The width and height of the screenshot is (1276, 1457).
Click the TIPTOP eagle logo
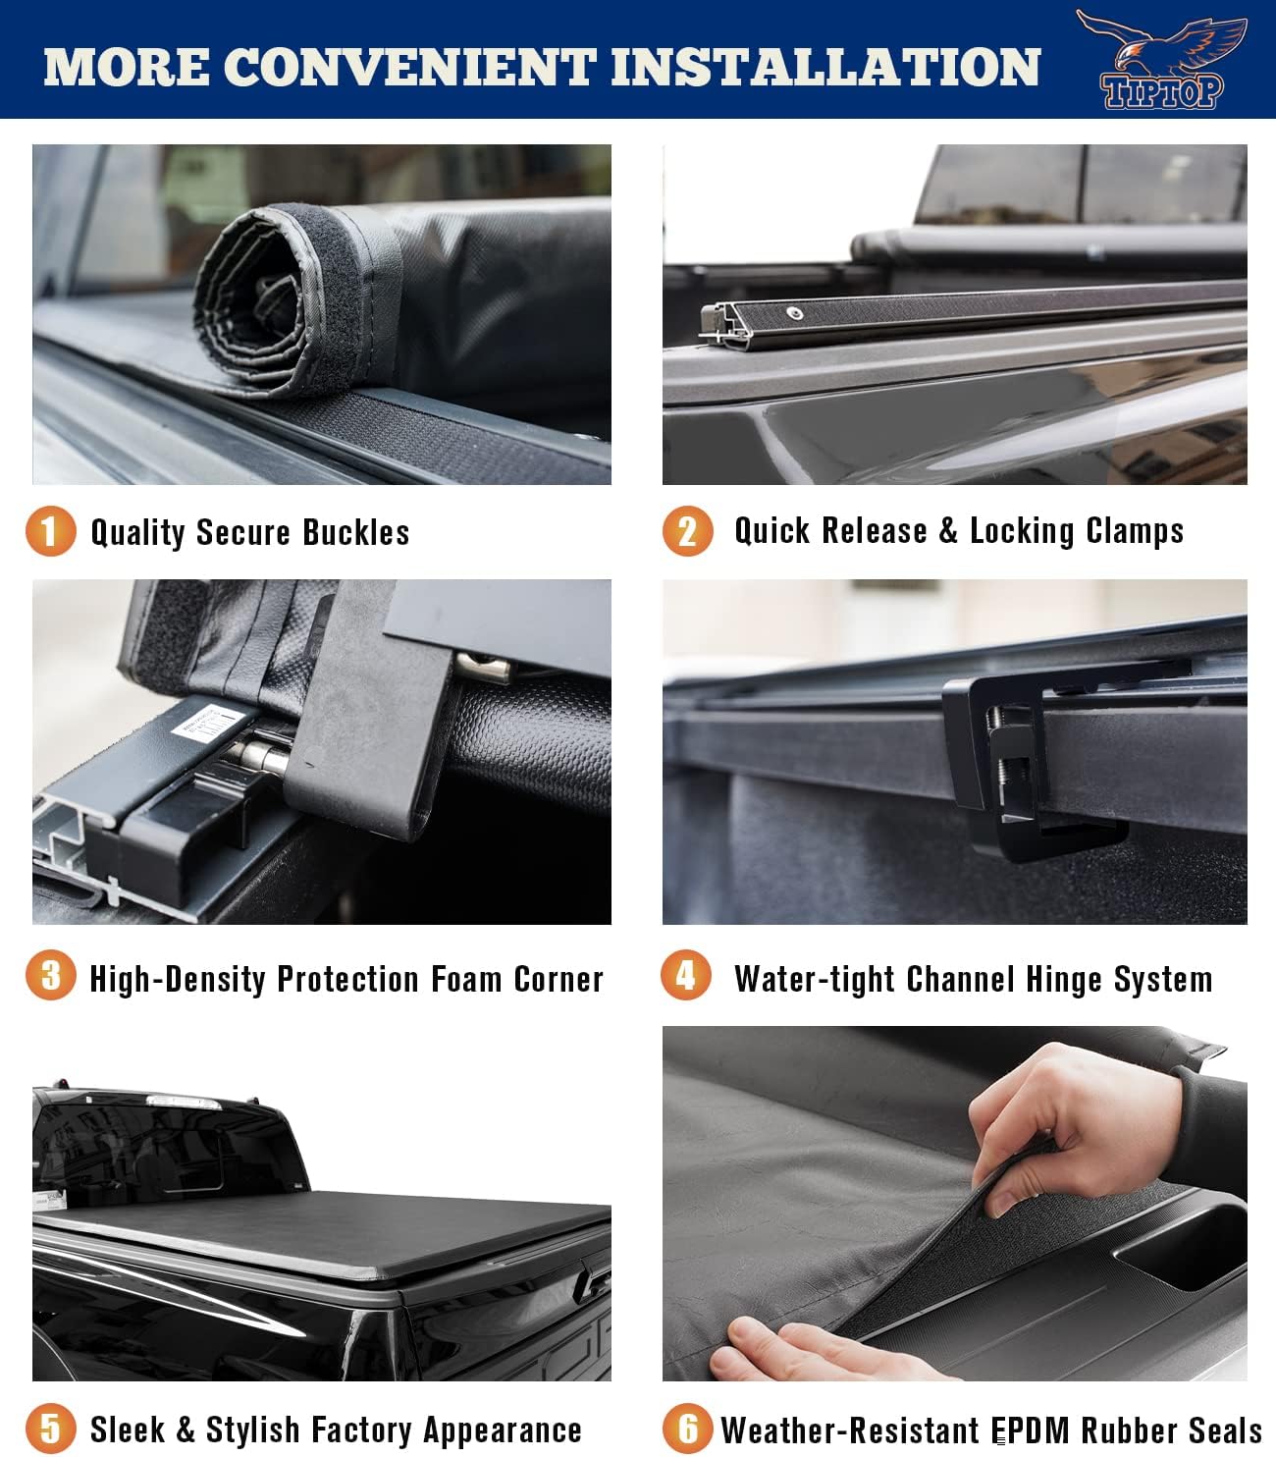click(x=1161, y=59)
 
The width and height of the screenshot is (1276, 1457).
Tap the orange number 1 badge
click(x=50, y=531)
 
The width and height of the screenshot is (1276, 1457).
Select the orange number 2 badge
click(x=687, y=531)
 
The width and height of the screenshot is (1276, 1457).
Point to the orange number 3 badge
click(x=50, y=977)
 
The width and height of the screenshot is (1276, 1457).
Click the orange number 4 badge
click(x=686, y=976)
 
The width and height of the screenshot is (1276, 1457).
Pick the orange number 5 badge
click(x=50, y=1428)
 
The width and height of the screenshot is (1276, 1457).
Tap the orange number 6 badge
click(x=687, y=1428)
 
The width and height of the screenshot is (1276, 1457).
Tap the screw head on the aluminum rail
click(x=795, y=314)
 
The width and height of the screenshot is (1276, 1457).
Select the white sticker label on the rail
click(x=206, y=727)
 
